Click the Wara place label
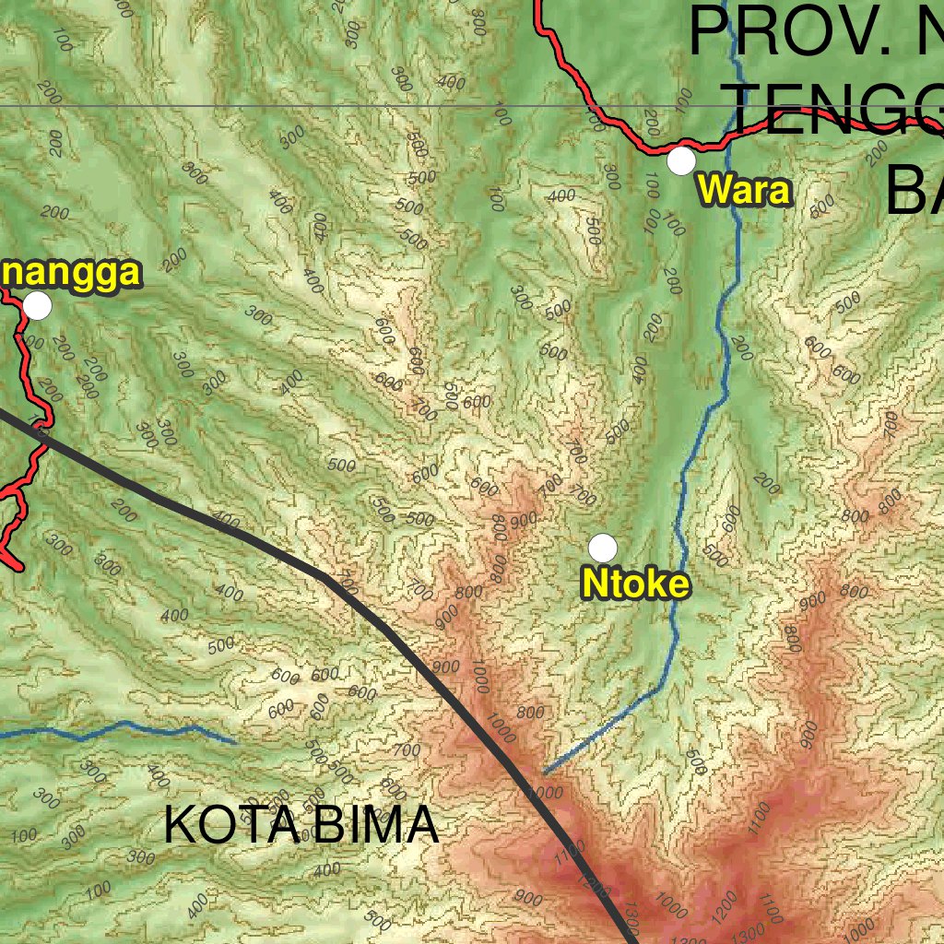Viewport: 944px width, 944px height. coord(744,191)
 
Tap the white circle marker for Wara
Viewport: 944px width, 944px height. coord(681,160)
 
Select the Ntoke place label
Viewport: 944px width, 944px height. coord(635,584)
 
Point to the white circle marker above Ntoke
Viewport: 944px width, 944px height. coord(603,548)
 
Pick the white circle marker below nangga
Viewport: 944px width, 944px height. coord(37,305)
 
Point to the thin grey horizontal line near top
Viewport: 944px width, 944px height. coord(277,106)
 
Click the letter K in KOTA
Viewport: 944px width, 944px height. coord(181,825)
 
